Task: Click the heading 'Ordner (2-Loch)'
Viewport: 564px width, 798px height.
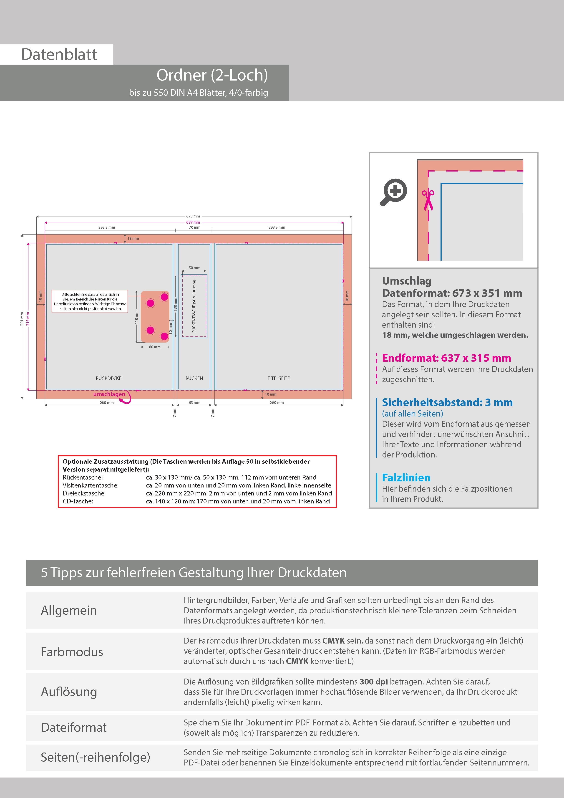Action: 212,75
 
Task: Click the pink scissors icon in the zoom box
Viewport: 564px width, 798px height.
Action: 428,200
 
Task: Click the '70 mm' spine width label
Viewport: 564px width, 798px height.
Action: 194,227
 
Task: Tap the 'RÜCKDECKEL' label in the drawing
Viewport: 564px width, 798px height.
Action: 109,378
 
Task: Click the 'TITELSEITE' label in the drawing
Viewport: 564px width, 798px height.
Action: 278,378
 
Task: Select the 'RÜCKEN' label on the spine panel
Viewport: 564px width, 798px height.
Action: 194,378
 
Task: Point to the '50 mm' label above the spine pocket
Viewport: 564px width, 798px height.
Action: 194,268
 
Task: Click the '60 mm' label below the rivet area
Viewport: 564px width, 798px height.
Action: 155,347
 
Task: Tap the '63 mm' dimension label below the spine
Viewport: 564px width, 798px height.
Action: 194,403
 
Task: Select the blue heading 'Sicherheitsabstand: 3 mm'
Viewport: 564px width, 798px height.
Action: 447,402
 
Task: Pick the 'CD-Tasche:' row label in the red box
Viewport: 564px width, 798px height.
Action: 78,501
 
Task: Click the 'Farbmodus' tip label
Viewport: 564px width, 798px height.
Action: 72,652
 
